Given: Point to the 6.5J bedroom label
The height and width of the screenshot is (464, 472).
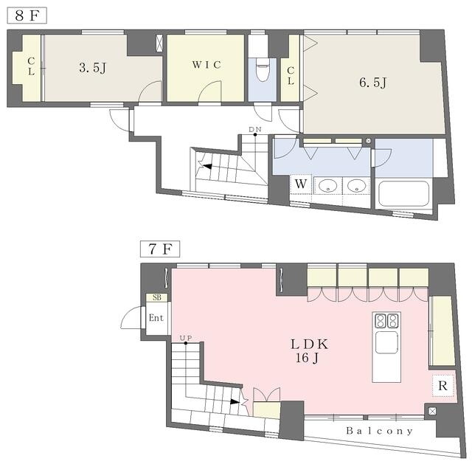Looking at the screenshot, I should point(372,83).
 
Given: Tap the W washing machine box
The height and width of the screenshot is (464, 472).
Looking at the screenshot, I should point(300,183).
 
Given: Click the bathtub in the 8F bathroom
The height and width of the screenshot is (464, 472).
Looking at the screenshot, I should point(403,195).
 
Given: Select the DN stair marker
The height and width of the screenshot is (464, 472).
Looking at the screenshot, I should point(255,130).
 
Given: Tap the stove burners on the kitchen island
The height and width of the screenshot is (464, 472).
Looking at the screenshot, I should point(386,321).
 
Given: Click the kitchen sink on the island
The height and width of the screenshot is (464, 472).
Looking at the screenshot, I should point(386,343).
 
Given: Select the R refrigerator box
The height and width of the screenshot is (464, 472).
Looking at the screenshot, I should point(442,385).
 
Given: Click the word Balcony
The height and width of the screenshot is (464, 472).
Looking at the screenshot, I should point(379,430).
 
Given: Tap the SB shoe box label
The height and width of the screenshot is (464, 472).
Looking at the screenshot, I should point(156,298).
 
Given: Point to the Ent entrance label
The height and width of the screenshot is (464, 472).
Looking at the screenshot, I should point(156,319).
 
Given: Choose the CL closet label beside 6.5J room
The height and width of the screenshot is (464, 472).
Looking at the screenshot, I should point(291,76).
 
